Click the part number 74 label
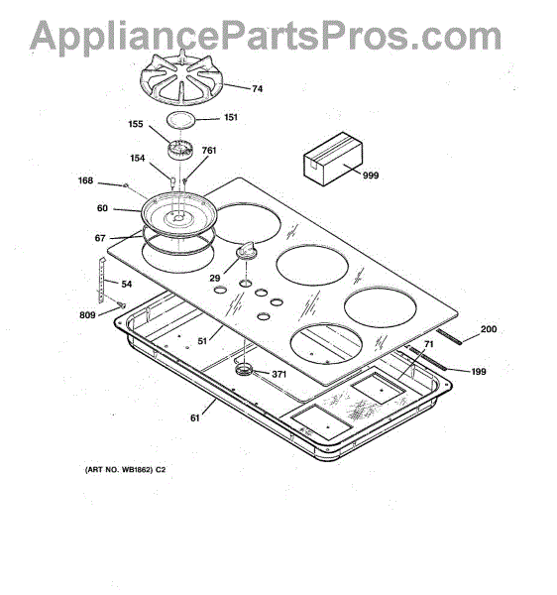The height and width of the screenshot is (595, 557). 257,89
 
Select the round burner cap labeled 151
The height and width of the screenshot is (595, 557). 180,120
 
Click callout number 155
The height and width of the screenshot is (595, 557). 136,124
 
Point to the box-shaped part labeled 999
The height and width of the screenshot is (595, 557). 333,159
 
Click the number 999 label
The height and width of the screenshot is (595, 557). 371,176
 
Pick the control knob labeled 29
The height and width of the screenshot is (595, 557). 247,250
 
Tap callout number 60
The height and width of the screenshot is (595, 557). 102,208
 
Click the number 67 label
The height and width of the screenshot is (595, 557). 100,238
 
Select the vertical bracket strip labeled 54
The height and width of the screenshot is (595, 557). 101,281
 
